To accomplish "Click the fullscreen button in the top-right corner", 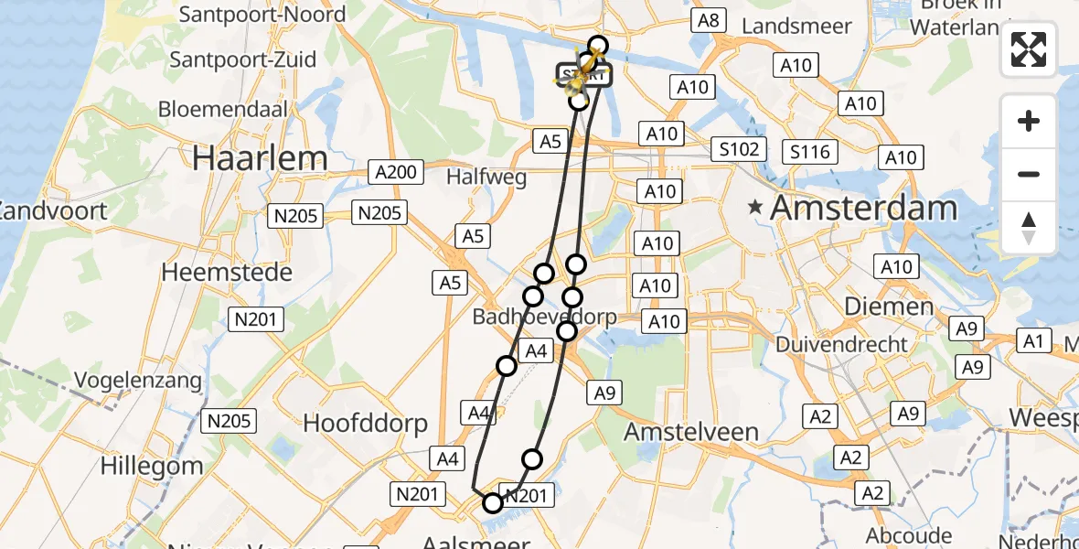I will click(1029, 49).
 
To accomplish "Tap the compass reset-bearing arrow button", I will click(1029, 228).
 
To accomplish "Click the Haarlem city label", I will click(260, 158).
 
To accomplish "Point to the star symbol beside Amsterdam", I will click(755, 208).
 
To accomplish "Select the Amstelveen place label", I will click(691, 432).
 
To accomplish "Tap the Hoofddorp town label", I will click(366, 423).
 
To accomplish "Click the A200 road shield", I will click(395, 172).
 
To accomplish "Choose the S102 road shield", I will click(739, 148).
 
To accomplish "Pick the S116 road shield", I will click(809, 151).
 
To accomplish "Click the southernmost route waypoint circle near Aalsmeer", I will click(493, 502).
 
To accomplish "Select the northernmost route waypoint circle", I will click(598, 45).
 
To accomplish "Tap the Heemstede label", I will click(227, 272).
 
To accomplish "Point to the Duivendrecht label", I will click(842, 345).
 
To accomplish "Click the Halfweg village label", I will click(488, 177).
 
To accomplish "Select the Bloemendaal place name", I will click(223, 109).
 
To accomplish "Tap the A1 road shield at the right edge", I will click(1033, 341).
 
